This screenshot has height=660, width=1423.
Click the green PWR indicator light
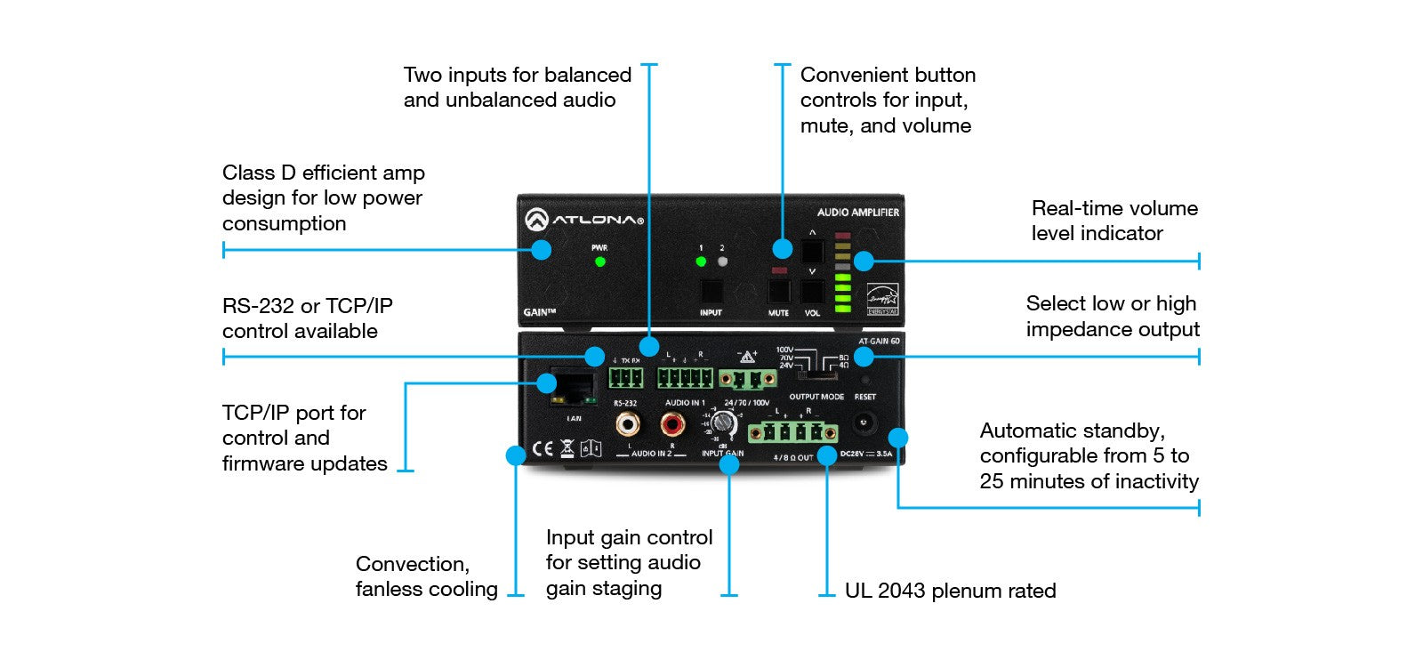tap(600, 262)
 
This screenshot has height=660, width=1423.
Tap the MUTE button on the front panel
tap(779, 292)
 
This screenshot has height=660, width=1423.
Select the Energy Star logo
tap(882, 299)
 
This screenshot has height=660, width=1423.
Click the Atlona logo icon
tap(536, 219)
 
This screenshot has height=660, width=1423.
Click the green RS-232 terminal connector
tap(626, 378)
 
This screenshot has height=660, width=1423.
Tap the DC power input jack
tap(863, 423)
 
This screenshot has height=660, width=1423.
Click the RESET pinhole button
tap(864, 381)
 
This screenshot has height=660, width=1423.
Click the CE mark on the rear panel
tap(542, 449)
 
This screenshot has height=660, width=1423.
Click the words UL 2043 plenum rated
tap(950, 591)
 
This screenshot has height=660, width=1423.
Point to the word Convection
tap(412, 564)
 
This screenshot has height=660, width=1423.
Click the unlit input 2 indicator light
tap(722, 262)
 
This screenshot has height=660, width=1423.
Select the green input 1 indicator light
tap(701, 262)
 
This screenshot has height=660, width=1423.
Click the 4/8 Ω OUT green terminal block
tap(792, 433)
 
